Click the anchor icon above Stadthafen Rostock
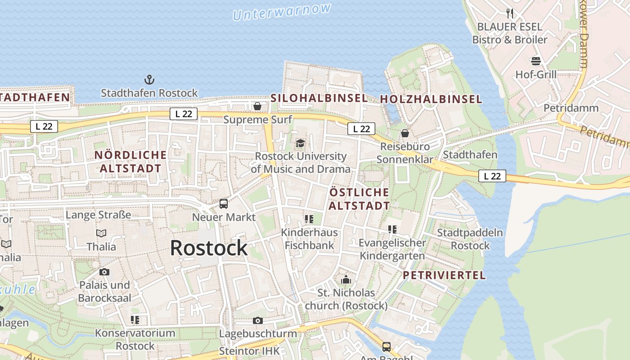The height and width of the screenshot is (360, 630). click(x=149, y=80)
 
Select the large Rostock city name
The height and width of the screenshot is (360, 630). click(x=209, y=248)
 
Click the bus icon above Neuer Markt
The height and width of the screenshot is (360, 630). click(x=224, y=204)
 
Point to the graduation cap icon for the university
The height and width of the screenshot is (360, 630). click(x=300, y=144)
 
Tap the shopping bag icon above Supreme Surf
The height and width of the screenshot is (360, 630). click(x=257, y=106)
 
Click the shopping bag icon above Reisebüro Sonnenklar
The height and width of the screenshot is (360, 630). click(x=405, y=133)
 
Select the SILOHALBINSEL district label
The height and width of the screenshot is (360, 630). click(x=319, y=98)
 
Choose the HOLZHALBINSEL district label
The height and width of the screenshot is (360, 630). click(x=431, y=99)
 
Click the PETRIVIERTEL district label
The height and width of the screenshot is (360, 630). click(x=444, y=275)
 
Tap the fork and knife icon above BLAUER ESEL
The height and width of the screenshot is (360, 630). click(x=510, y=13)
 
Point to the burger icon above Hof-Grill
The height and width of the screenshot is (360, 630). click(x=536, y=61)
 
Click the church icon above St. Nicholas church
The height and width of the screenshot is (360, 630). click(x=346, y=280)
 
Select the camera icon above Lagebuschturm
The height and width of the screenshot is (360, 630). click(x=258, y=320)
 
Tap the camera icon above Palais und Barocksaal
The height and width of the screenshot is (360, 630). click(x=104, y=272)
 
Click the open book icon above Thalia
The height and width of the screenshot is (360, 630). click(x=101, y=233)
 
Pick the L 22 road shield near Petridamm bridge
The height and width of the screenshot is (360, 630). click(x=492, y=176)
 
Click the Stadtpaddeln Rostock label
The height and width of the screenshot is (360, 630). click(x=470, y=239)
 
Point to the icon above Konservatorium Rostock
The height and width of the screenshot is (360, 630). click(x=135, y=320)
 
